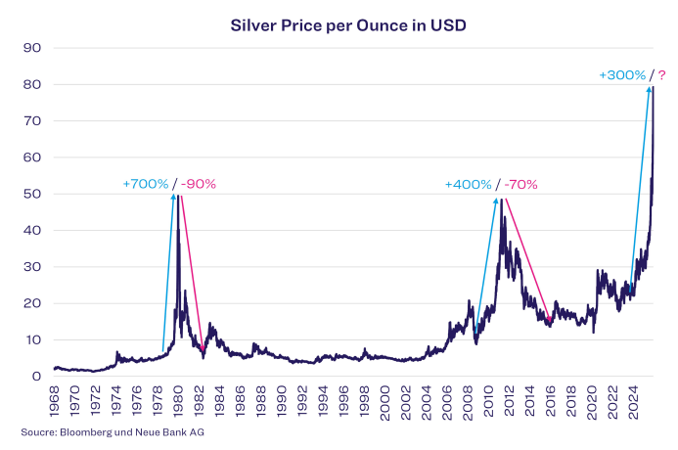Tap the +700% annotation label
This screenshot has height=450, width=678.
point(145,184)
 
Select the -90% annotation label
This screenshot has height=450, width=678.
point(199,184)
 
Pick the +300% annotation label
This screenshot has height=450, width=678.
point(622,75)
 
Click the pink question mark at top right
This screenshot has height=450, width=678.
point(661,75)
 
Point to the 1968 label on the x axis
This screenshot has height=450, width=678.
point(55,403)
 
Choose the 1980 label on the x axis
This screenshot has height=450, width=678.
point(178,403)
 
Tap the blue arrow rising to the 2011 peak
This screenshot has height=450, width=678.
point(486,264)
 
